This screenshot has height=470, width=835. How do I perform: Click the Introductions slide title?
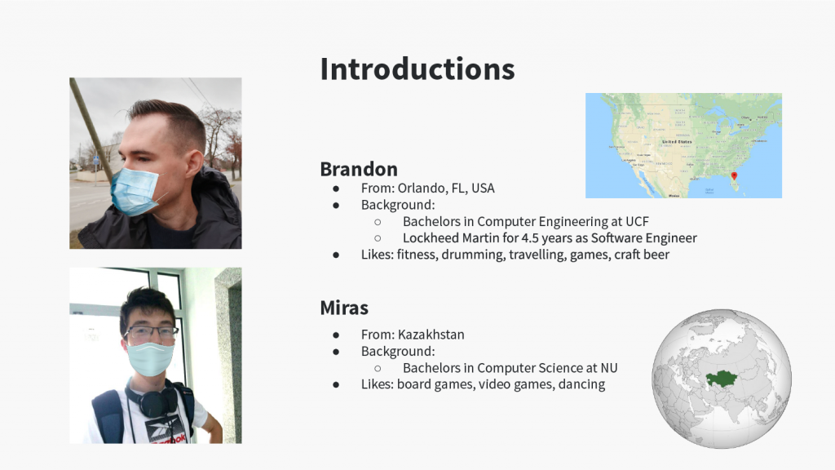pos(417,69)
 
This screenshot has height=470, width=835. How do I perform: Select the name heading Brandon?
pos(359,169)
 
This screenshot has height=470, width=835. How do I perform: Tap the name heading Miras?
pos(344,308)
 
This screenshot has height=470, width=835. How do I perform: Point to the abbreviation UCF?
pos(637,221)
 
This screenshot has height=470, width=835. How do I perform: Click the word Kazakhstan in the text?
pos(431,335)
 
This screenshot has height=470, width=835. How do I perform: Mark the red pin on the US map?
pos(734,176)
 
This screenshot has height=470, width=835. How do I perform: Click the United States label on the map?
pos(677,142)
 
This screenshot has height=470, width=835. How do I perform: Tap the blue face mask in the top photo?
pos(135,191)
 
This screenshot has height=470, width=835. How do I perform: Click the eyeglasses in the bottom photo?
pos(151,333)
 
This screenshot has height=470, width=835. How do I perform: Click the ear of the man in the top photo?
pos(193,163)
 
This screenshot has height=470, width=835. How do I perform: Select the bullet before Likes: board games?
pos(336,385)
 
